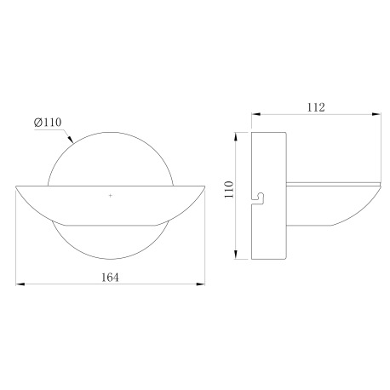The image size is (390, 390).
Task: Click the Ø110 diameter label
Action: [49, 123]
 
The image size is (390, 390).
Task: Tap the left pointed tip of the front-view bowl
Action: [18, 184]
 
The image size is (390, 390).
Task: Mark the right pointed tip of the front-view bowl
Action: [204, 184]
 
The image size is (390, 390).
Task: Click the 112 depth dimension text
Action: [315, 107]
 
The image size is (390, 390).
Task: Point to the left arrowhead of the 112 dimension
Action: [253, 118]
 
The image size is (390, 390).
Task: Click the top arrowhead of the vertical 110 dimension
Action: [237, 135]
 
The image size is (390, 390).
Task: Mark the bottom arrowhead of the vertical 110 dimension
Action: [237, 256]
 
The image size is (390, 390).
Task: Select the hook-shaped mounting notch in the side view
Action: [259, 198]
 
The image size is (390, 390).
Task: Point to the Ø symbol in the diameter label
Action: [39, 123]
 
